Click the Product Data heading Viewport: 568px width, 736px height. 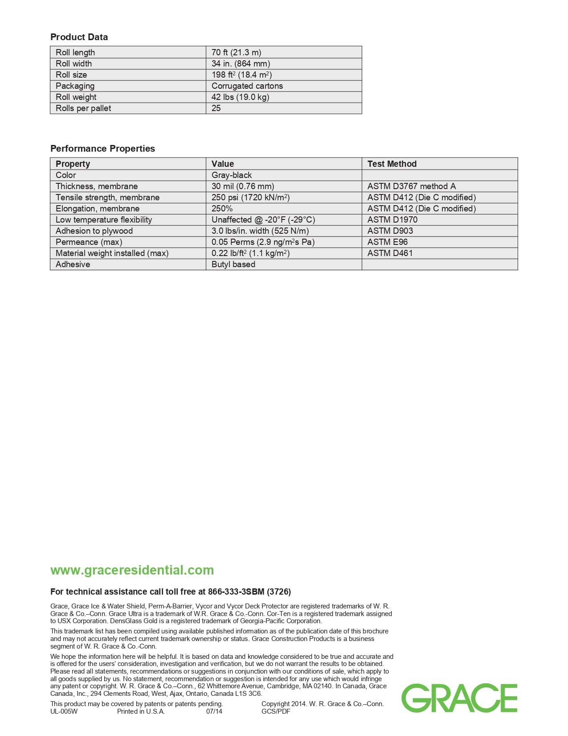[x=79, y=37]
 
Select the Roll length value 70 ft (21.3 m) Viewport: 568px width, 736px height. [x=236, y=52]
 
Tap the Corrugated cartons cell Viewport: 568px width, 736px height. [x=247, y=86]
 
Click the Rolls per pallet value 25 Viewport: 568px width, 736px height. [x=216, y=108]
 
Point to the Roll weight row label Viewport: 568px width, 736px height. [x=76, y=97]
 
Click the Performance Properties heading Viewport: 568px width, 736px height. [x=102, y=149]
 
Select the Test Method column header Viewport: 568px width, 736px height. [x=392, y=164]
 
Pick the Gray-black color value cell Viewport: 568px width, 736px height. [x=232, y=175]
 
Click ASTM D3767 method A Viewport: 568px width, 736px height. [x=411, y=186]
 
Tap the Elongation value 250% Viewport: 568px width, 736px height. [x=222, y=208]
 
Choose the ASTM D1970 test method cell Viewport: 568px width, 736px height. [x=392, y=219]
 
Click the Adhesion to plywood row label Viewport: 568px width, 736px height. [x=94, y=231]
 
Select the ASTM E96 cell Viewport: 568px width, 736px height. [x=387, y=242]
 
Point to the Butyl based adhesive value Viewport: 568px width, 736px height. [x=233, y=264]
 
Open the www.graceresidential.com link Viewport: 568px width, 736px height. [x=132, y=570]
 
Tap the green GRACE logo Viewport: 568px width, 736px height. [x=459, y=698]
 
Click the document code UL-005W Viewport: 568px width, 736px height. [x=64, y=711]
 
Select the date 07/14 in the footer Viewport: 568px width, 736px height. [x=214, y=711]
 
